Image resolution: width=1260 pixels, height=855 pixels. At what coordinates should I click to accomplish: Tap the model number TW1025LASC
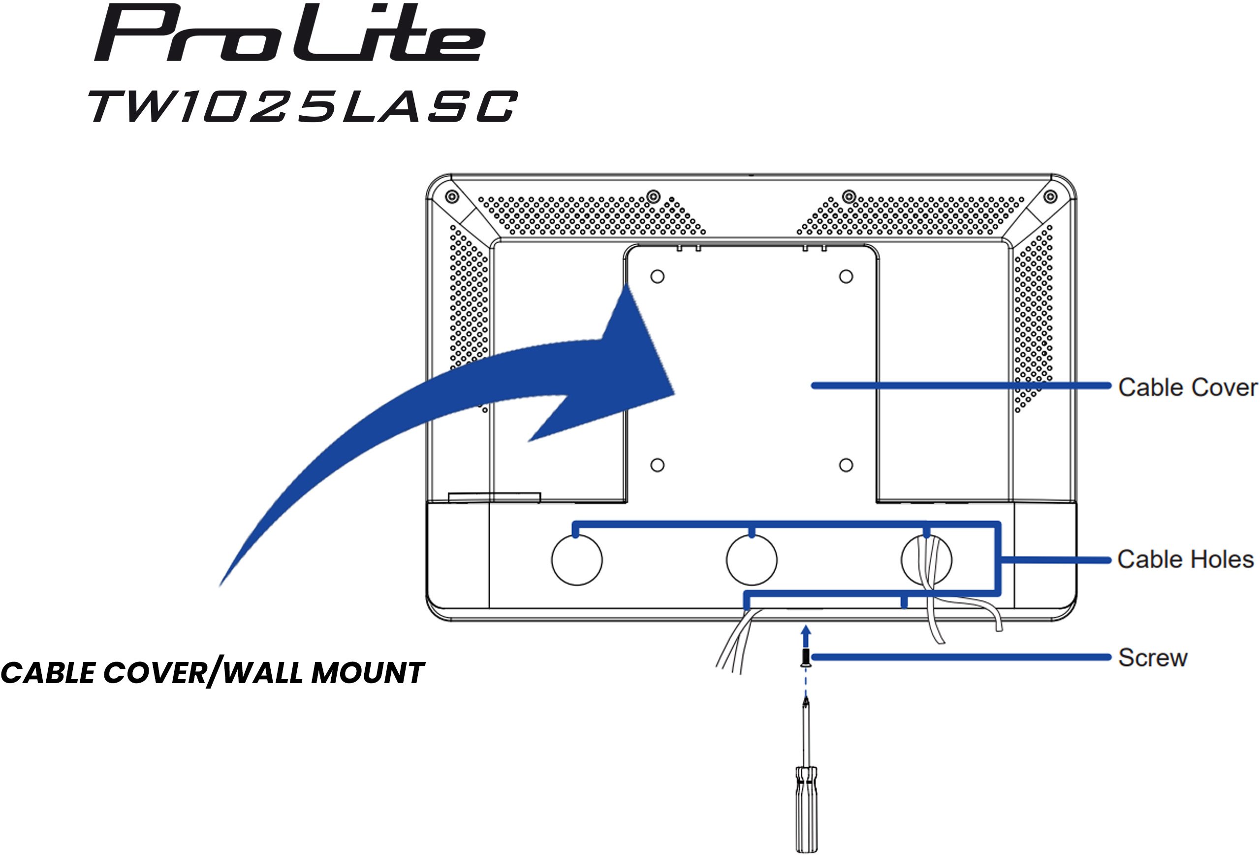(303, 106)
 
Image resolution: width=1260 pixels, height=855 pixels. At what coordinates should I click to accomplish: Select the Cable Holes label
(1186, 559)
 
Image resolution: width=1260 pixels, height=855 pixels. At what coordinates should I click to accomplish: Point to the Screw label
(1153, 658)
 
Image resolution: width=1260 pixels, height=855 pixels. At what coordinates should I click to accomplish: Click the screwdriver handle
(806, 808)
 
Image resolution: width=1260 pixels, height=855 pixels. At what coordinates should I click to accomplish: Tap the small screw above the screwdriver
(806, 658)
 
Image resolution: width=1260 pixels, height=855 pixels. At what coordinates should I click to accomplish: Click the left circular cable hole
(577, 560)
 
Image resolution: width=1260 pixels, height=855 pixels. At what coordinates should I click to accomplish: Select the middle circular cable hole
(752, 560)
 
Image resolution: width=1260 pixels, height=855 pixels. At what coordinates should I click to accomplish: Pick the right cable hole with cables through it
(926, 560)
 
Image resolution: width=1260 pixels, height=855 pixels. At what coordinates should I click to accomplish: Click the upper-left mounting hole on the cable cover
(657, 277)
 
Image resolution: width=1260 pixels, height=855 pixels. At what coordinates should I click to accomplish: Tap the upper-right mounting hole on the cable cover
(846, 277)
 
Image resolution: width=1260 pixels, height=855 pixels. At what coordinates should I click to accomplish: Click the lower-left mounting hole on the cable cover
(657, 465)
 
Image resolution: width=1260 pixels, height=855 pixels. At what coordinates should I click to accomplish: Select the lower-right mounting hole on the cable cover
(846, 465)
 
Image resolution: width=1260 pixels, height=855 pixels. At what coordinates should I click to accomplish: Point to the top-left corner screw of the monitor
(452, 197)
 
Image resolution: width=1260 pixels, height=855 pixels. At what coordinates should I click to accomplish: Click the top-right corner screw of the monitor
(1050, 197)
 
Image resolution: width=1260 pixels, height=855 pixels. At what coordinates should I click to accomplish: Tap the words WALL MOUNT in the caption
(324, 673)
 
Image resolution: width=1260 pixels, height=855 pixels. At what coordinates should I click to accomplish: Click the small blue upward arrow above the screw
(806, 637)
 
